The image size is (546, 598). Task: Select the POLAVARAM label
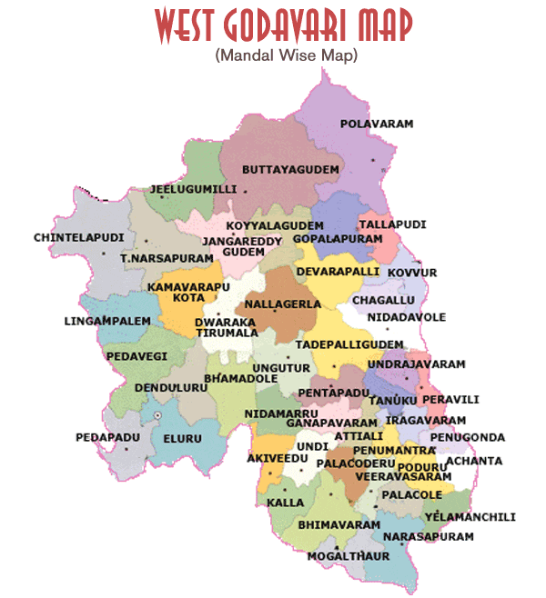[377, 123]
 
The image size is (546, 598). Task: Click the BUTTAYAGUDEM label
[289, 170]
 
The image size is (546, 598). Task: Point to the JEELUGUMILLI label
[193, 189]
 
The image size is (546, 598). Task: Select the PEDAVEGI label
[136, 356]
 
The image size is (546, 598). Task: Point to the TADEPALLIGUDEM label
[349, 344]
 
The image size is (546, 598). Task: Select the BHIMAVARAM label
[339, 525]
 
